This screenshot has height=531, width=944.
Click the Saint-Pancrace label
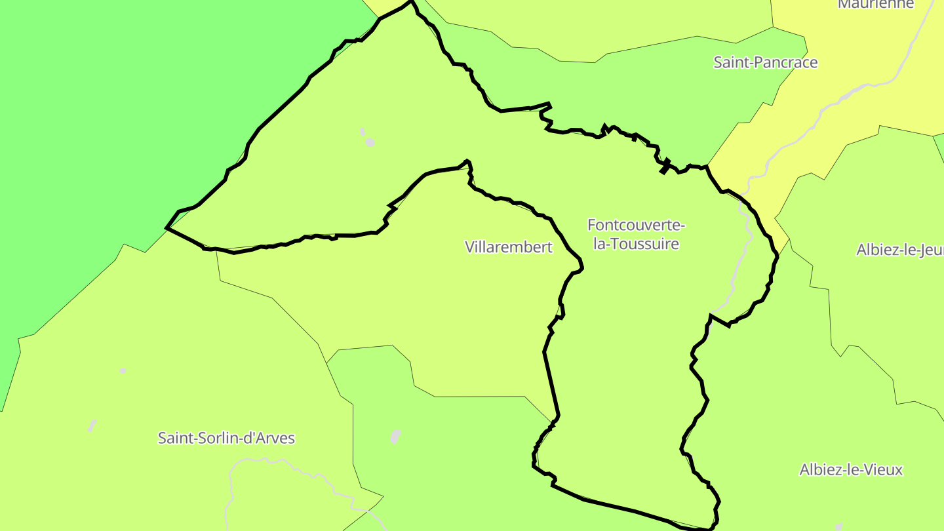[765, 62]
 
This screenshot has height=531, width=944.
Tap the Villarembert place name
[509, 247]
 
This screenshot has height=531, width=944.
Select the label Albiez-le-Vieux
[851, 469]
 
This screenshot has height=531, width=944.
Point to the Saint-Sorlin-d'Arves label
[226, 438]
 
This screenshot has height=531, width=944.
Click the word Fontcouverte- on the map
[636, 225]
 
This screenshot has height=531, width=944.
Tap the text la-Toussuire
[636, 244]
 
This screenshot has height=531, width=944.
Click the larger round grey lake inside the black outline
[370, 142]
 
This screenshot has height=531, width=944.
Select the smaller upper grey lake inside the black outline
[363, 132]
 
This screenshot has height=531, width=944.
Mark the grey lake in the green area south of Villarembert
[395, 437]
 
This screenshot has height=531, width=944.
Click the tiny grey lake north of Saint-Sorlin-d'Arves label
[123, 371]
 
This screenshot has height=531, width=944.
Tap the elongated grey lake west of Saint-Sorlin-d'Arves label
[92, 426]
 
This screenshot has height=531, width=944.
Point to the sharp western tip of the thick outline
[167, 228]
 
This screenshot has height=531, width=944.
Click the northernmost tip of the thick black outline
[412, 2]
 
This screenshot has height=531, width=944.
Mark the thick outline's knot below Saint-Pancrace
[665, 167]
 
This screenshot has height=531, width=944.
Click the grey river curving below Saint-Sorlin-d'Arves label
[232, 485]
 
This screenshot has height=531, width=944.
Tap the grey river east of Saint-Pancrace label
[852, 92]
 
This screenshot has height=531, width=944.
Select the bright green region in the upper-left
[131, 98]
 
